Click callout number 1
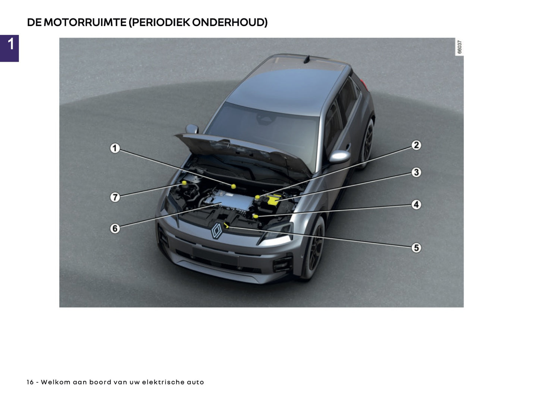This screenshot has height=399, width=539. pos(115,148)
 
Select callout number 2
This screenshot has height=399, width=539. pos(416,145)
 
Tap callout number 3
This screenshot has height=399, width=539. pos(416,172)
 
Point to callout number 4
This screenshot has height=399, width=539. pos(416,205)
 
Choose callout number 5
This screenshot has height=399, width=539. pos(416,248)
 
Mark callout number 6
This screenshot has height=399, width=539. pos(115,228)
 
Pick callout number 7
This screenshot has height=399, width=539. pos(115,197)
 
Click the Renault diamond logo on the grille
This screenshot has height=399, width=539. pos(217,231)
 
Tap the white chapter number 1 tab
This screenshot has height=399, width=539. pos(10,44)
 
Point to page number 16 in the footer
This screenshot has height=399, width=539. pos(30,382)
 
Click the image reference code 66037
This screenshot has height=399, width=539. pos(459,47)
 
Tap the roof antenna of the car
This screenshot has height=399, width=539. pos(307,59)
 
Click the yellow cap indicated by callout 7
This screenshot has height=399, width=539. pos(184,183)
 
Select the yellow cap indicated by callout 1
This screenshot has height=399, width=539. pos(233,186)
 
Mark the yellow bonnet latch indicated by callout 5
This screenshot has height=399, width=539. pos(227,225)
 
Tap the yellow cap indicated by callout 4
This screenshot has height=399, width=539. pos(256,216)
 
